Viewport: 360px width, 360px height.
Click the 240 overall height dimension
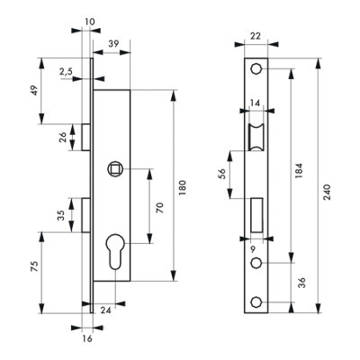(x=327, y=193)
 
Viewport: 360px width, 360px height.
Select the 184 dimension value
(x=300, y=171)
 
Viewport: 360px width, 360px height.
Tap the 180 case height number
(x=183, y=188)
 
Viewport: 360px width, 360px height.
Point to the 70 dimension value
(x=160, y=208)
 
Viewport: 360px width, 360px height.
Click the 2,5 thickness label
(x=66, y=72)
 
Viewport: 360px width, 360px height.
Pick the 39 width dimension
(x=113, y=43)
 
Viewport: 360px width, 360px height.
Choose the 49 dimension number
(x=34, y=90)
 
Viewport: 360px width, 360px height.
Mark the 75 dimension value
(x=34, y=266)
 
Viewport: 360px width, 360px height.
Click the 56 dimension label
(x=221, y=174)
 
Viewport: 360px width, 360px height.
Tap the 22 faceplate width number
(x=256, y=36)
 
